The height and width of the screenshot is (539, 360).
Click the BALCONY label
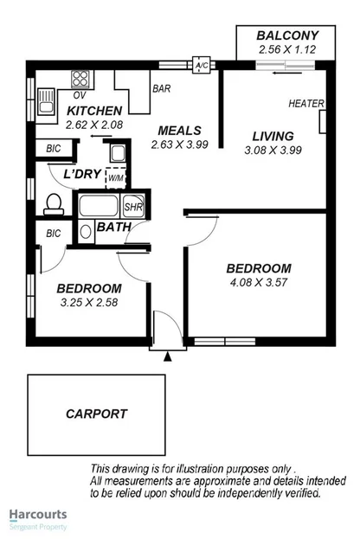pyautogui.click(x=288, y=35)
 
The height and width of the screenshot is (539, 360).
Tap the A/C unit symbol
pyautogui.click(x=202, y=66)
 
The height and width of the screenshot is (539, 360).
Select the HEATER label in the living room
pyautogui.click(x=306, y=104)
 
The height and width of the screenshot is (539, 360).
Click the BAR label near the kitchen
pyautogui.click(x=161, y=88)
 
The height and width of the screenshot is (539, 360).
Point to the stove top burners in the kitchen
pyautogui.click(x=80, y=75)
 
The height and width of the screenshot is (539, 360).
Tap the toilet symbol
pyautogui.click(x=52, y=204)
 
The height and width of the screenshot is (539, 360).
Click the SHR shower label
pyautogui.click(x=133, y=208)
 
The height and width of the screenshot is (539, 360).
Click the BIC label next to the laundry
pyautogui.click(x=54, y=149)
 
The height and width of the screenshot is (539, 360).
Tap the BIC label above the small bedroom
pyautogui.click(x=54, y=233)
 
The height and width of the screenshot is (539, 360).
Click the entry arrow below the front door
pyautogui.click(x=169, y=355)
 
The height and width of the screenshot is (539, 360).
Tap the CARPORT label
pyautogui.click(x=96, y=414)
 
